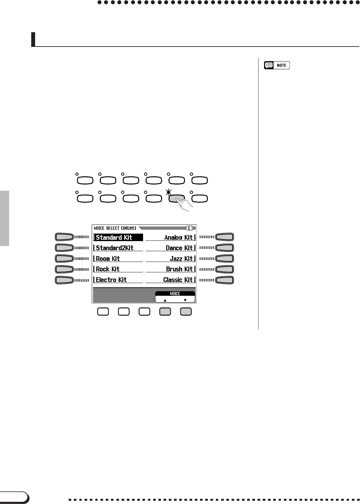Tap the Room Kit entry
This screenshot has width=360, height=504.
tap(108, 259)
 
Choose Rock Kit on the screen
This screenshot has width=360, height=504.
tap(108, 269)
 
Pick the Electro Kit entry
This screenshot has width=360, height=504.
tap(111, 280)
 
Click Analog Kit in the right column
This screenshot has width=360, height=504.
tap(179, 238)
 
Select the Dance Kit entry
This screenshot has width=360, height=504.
tap(179, 248)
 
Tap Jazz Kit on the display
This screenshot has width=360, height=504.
tap(181, 259)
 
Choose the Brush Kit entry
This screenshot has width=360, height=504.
tap(180, 269)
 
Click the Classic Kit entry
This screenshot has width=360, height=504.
tap(178, 280)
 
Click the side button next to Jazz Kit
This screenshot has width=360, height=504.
tap(224, 259)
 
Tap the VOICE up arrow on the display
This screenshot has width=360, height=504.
tap(165, 300)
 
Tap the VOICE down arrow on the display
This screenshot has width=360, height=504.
tap(185, 300)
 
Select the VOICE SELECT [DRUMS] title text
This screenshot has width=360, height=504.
tap(115, 228)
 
